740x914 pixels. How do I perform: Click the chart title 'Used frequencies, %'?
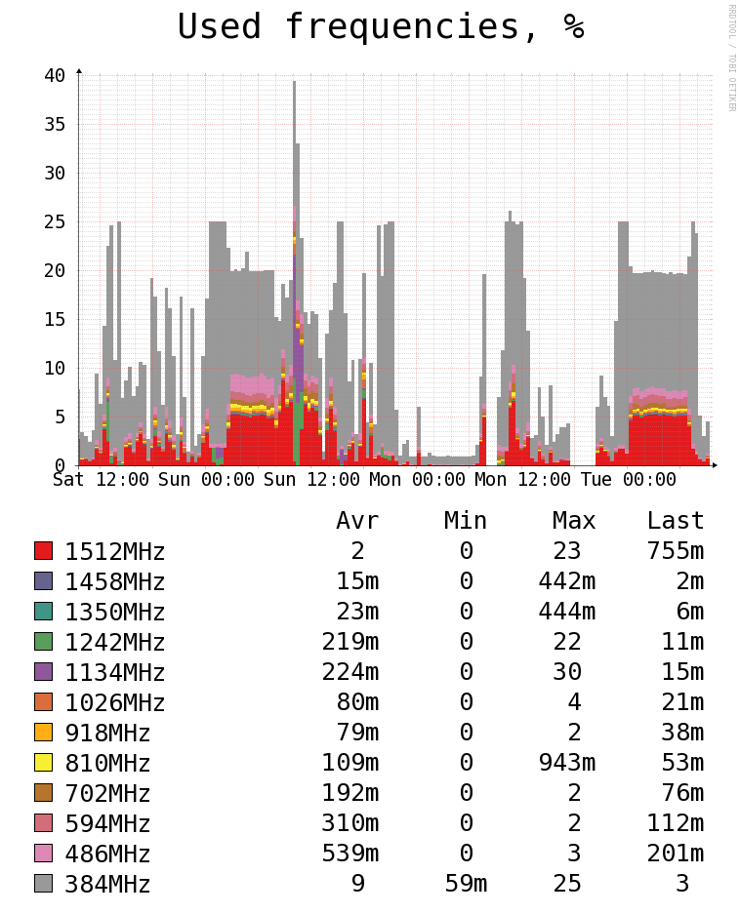(381, 27)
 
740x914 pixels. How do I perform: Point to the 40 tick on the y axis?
(55, 75)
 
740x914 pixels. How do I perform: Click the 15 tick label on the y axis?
(55, 319)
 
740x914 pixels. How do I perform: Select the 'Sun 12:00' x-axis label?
(312, 480)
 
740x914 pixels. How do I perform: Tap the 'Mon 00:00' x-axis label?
(418, 480)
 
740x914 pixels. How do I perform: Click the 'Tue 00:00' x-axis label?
(628, 480)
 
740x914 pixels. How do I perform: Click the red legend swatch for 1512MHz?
(43, 551)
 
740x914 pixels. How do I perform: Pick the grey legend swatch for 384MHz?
(43, 884)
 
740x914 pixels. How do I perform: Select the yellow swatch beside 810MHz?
(43, 763)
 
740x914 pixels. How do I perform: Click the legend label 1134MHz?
(115, 673)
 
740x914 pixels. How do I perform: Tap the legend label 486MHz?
(107, 854)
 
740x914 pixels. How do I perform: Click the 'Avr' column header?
(357, 521)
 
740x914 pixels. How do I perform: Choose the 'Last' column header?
(675, 521)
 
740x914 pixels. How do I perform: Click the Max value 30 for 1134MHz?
(567, 673)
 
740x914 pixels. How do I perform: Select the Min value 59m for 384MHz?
(466, 885)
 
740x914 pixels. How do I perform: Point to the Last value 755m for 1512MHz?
(675, 552)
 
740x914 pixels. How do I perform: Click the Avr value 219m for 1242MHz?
(350, 643)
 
